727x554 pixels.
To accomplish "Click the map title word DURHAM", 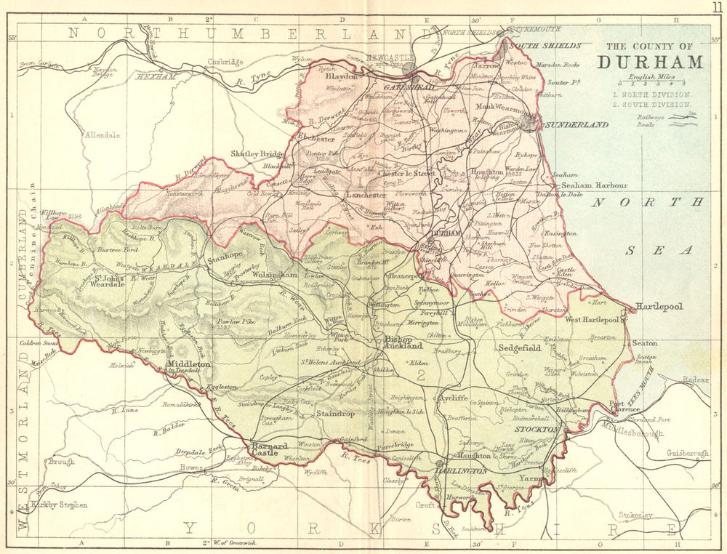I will point(649,63).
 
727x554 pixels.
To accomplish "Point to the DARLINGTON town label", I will point(461,472).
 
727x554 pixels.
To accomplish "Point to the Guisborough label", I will point(687,454).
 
